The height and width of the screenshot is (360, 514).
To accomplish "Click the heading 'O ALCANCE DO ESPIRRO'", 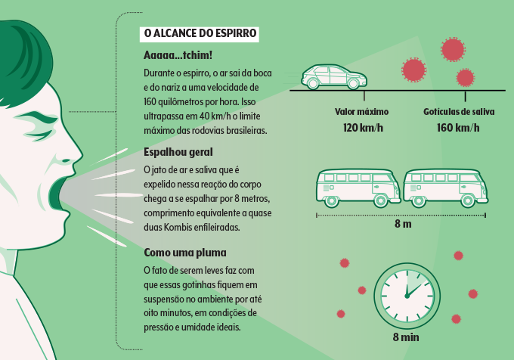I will (x=200, y=34).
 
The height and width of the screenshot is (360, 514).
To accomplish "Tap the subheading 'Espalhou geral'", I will (x=178, y=152).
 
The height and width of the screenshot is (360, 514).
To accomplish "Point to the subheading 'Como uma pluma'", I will (x=184, y=251).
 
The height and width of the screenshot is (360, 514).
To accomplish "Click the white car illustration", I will (x=334, y=76).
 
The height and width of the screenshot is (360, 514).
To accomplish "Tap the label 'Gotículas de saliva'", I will (x=459, y=112).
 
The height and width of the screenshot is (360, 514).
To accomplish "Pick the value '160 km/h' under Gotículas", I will (x=459, y=127).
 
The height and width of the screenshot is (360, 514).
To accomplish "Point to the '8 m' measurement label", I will (x=403, y=225).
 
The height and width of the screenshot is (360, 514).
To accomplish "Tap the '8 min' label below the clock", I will (x=406, y=337).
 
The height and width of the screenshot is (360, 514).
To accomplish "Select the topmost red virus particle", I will (x=452, y=48).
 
